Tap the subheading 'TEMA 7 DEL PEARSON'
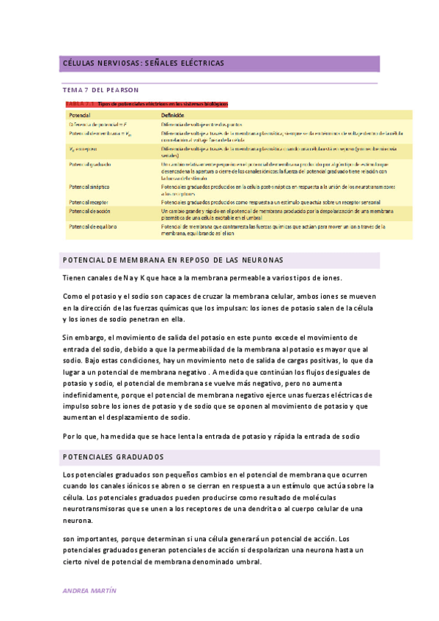pyautogui.click(x=101, y=89)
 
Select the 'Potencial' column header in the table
pyautogui.click(x=80, y=116)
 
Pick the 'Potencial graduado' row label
pyautogui.click(x=90, y=164)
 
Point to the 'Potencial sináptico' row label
pyautogui.click(x=89, y=187)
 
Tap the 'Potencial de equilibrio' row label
pyautogui.click(x=93, y=226)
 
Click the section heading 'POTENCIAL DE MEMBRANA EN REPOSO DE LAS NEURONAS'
pyautogui.click(x=174, y=261)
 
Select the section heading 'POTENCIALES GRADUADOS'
pyautogui.click(x=114, y=457)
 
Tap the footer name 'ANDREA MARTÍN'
pyautogui.click(x=90, y=590)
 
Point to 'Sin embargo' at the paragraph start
pyautogui.click(x=84, y=338)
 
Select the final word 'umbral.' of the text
pyautogui.click(x=248, y=562)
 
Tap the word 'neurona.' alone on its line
pyautogui.click(x=78, y=520)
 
